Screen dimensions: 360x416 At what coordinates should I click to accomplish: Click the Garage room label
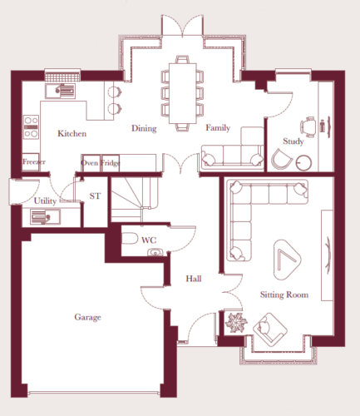(87, 317)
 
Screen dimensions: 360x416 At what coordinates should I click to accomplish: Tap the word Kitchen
(72, 134)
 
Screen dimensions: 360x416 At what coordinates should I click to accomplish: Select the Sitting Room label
(284, 295)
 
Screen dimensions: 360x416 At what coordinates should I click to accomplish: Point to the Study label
(293, 141)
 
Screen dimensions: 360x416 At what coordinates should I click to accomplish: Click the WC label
(149, 240)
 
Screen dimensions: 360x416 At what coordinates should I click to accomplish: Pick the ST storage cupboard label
(95, 196)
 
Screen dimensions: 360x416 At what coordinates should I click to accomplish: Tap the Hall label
(194, 279)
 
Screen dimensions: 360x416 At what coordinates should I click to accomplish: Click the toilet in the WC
(130, 239)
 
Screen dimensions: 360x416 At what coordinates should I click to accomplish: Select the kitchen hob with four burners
(32, 127)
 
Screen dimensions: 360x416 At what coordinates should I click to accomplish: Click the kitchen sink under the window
(60, 91)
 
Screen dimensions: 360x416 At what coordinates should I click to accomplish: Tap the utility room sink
(45, 217)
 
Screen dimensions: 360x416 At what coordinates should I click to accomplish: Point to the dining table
(183, 93)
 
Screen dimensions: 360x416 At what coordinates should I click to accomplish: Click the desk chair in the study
(308, 127)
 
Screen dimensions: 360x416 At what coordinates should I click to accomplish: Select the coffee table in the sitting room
(287, 260)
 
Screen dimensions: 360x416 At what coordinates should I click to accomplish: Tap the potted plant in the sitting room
(236, 322)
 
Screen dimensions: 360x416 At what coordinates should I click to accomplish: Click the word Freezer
(34, 161)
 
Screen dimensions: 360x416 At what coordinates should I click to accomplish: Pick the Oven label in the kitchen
(90, 163)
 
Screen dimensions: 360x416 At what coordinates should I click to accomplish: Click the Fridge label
(111, 163)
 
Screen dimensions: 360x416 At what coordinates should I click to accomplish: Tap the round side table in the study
(303, 163)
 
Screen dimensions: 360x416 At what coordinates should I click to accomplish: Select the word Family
(218, 128)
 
